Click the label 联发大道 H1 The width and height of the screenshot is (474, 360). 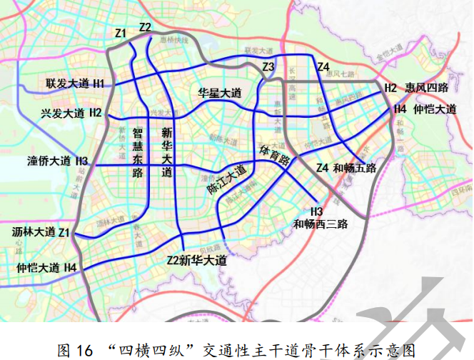(x=75, y=84)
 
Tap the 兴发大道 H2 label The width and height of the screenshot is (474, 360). (x=71, y=113)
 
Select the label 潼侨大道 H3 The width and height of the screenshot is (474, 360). (x=57, y=160)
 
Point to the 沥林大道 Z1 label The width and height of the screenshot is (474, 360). (x=42, y=232)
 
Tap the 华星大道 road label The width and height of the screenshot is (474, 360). (x=220, y=94)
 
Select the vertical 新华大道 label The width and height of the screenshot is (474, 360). (x=167, y=152)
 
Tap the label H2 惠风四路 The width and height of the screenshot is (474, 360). (x=416, y=88)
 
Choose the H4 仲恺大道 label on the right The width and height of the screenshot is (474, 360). (x=425, y=109)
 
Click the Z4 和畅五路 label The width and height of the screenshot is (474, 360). (x=346, y=169)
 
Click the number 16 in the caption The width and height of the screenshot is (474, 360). (x=84, y=349)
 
